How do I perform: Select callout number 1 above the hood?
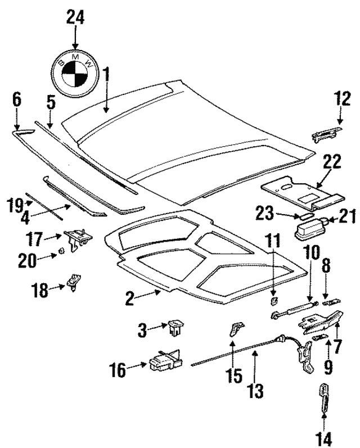(x=106, y=74)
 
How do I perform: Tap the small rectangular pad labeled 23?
(x=306, y=215)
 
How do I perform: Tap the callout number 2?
(x=130, y=298)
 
